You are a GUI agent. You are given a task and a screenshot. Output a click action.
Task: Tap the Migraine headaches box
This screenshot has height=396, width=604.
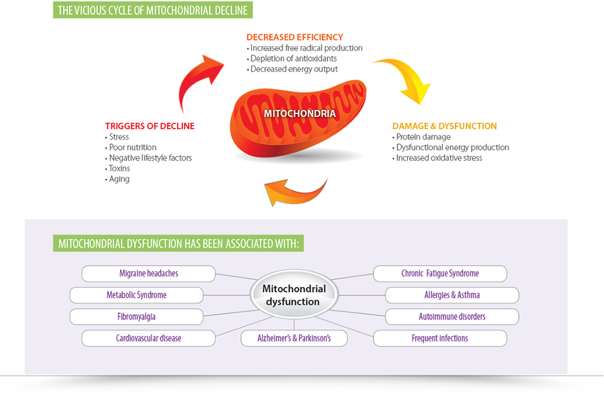(148, 273)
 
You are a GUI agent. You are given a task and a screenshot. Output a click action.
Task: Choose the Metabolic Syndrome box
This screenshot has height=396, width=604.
(136, 295)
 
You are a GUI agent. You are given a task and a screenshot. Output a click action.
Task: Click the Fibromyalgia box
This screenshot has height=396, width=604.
(136, 317)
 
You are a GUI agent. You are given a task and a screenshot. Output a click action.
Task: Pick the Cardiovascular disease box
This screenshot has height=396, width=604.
(148, 338)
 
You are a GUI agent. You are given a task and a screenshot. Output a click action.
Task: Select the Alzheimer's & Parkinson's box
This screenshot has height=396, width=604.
(294, 338)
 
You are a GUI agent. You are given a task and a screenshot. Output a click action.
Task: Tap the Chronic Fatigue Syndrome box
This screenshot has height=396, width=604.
(440, 273)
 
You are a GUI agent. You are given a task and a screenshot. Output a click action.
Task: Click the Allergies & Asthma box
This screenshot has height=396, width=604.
(452, 295)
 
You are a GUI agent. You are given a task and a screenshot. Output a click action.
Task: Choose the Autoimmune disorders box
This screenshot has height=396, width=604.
(452, 317)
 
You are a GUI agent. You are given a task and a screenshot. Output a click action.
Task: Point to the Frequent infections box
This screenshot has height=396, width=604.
(440, 338)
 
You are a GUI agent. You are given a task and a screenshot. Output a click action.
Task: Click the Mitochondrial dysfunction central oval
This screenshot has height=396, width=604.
(294, 295)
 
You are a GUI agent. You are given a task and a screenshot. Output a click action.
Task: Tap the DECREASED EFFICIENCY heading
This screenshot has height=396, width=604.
(294, 37)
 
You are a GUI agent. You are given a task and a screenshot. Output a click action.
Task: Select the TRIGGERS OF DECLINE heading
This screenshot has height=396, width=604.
(149, 126)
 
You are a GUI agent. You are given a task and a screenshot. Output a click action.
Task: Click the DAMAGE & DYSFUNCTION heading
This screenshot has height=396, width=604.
(444, 126)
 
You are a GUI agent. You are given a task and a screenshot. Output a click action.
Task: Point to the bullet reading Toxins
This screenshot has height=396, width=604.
(120, 168)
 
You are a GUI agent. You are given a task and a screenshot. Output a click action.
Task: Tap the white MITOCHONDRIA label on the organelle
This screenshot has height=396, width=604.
(299, 113)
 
